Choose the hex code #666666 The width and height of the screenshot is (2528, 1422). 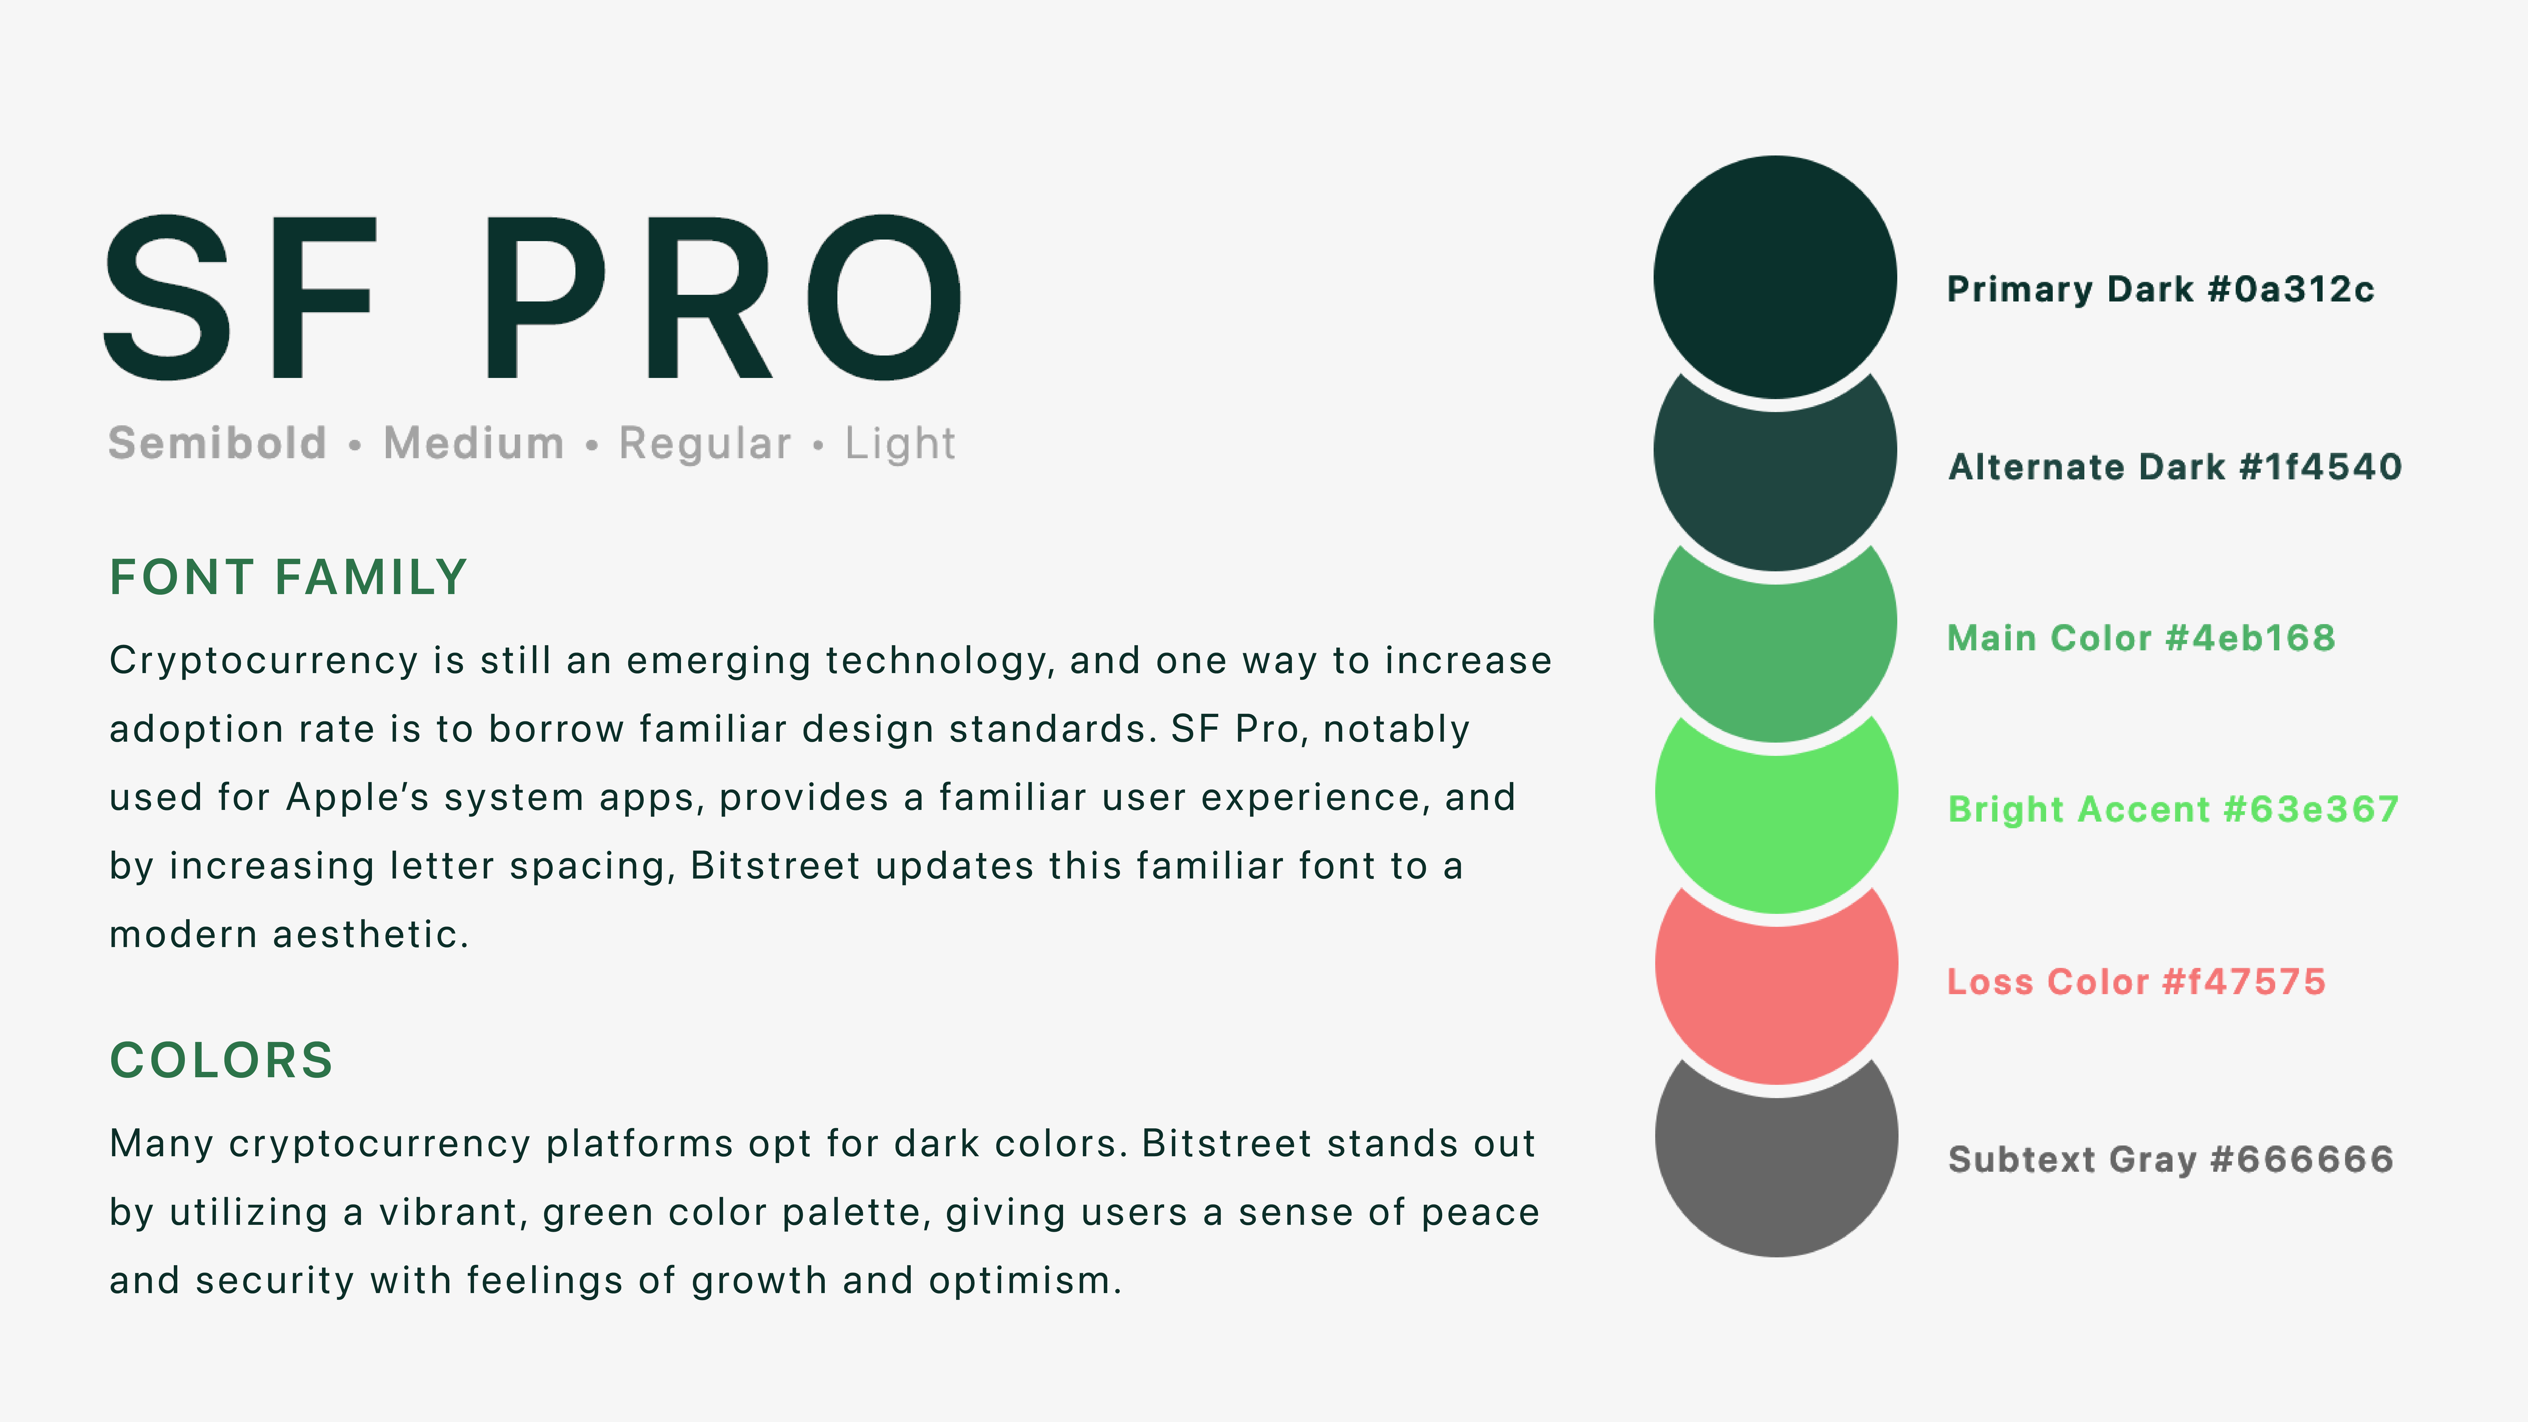(2302, 1159)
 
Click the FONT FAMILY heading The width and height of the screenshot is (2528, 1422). (289, 577)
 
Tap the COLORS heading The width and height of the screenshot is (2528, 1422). (222, 1060)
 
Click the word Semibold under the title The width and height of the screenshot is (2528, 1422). (217, 443)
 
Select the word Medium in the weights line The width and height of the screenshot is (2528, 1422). (474, 443)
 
